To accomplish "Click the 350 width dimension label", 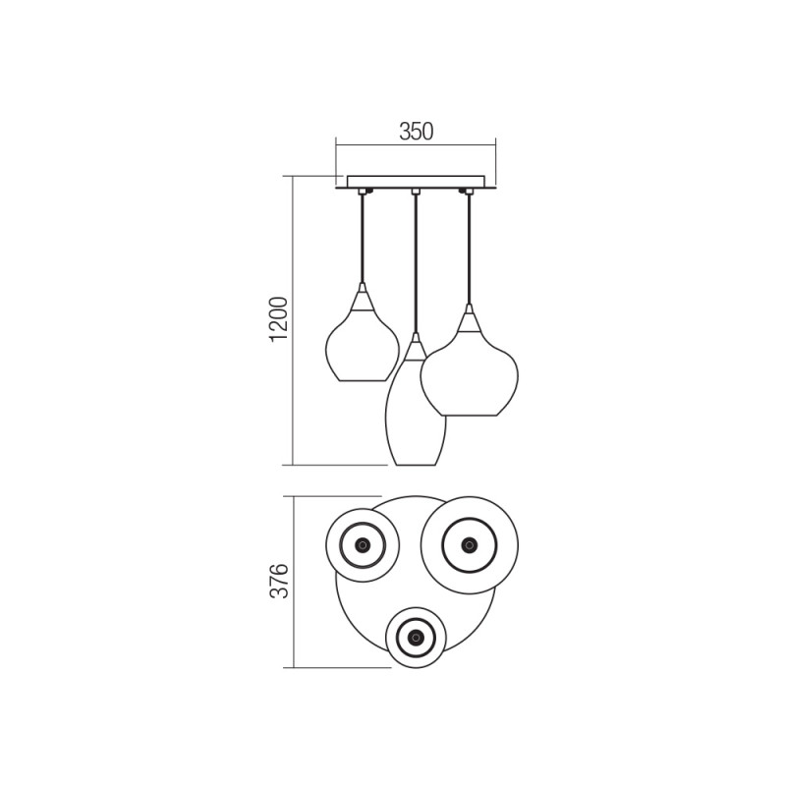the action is click(x=416, y=132).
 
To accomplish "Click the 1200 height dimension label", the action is click(x=279, y=320).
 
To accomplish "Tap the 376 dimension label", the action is click(x=279, y=581).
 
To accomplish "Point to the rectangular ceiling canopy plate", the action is click(x=416, y=182).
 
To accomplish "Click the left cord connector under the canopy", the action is click(x=363, y=192).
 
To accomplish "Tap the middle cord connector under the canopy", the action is click(x=415, y=192).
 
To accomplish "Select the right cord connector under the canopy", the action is click(x=469, y=192).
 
